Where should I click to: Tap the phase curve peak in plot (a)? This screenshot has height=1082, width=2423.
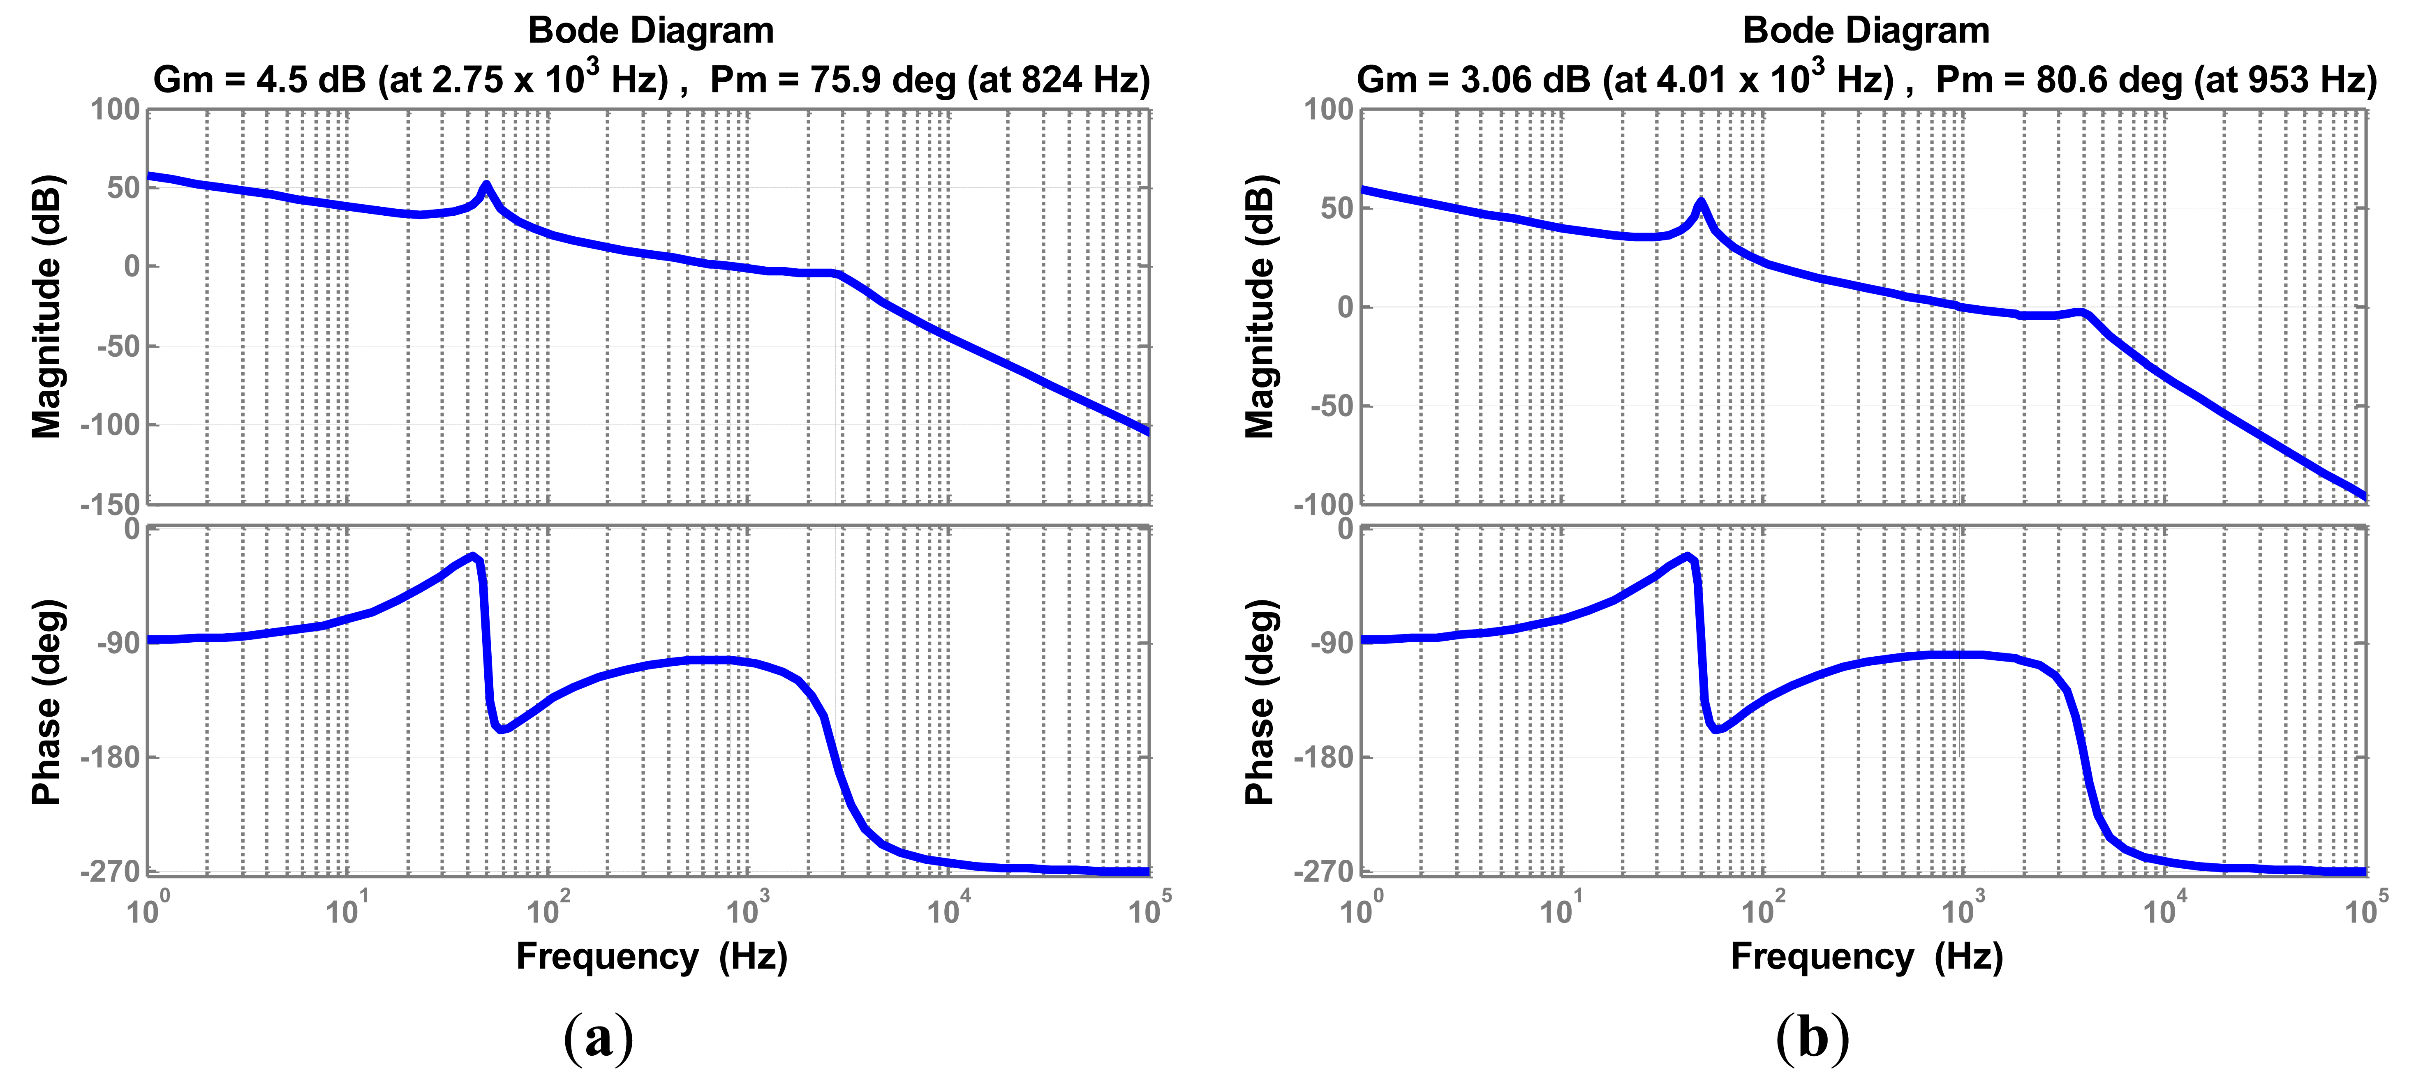[473, 556]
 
